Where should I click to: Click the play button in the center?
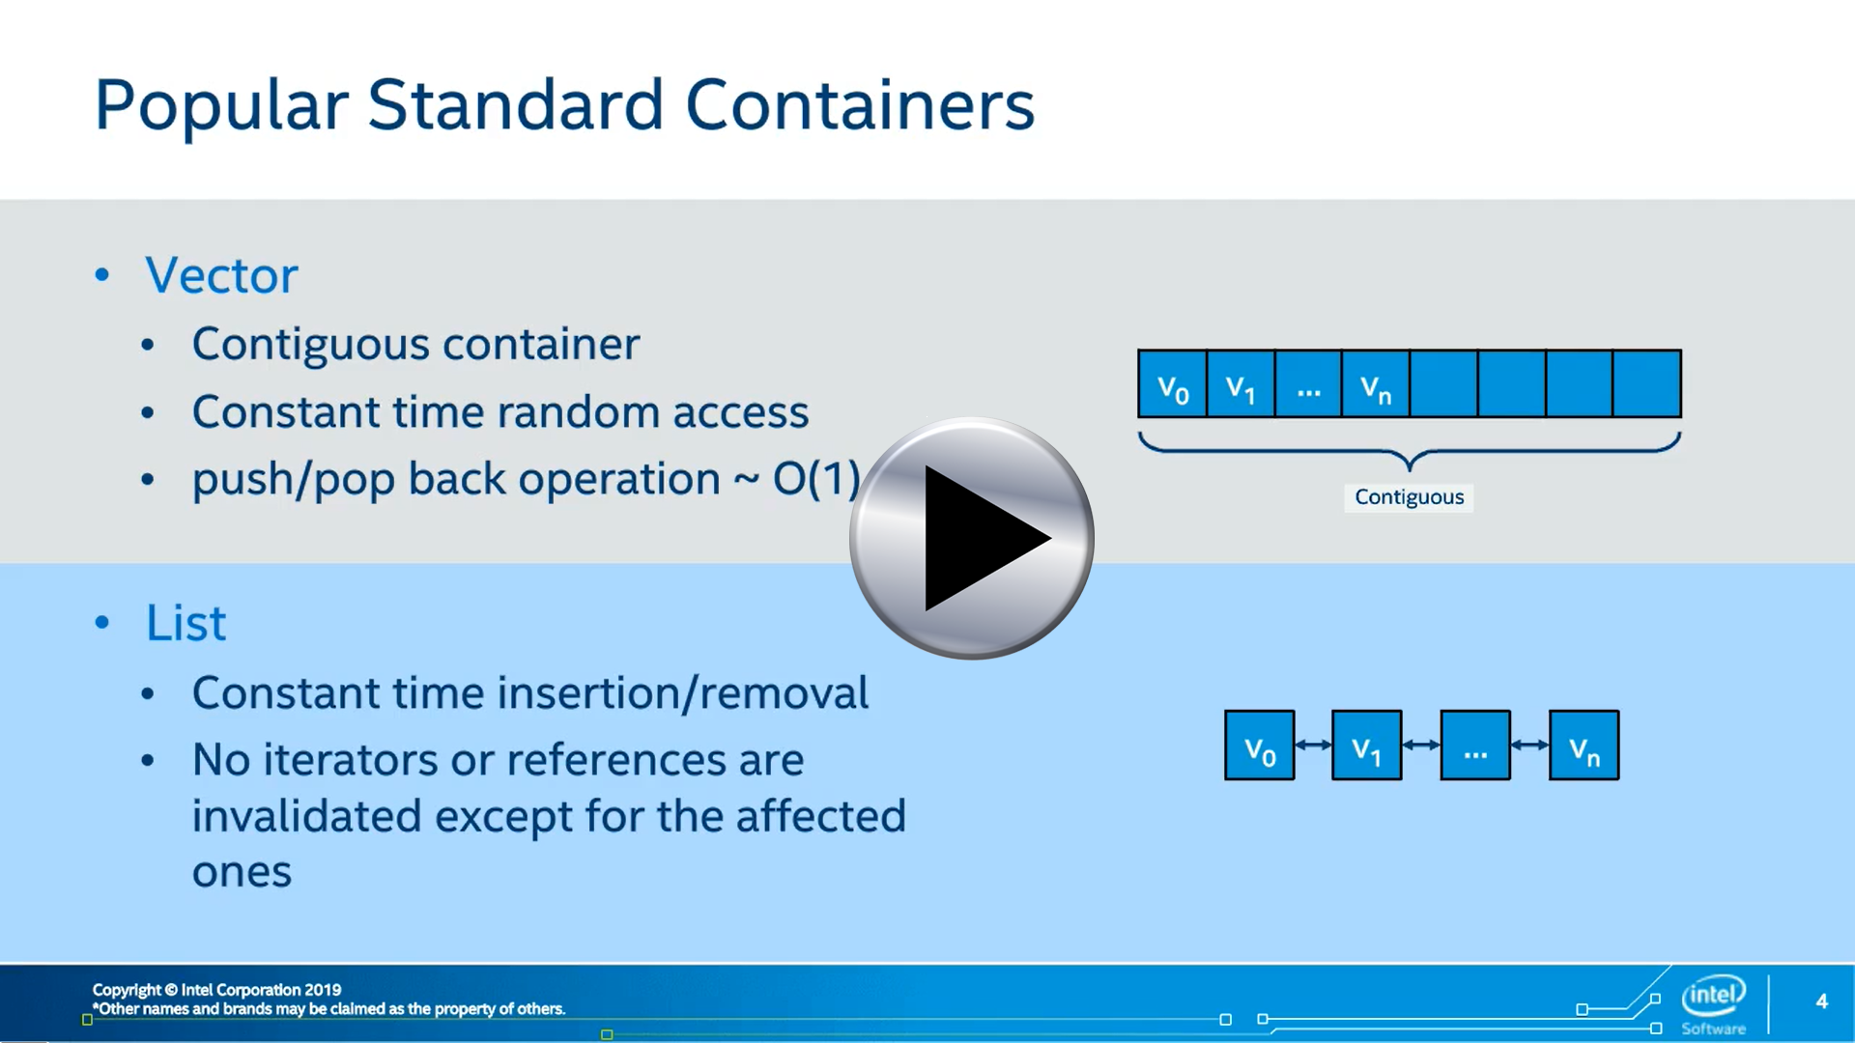pos(972,538)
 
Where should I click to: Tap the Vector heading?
pos(221,275)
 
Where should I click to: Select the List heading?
pos(185,623)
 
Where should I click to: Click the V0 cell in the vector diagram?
pos(1173,384)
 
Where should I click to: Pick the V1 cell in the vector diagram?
pos(1241,384)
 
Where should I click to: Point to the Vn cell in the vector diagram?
pos(1376,384)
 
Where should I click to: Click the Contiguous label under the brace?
pos(1409,497)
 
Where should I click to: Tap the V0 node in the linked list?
pos(1260,746)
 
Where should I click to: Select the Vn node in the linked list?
pos(1584,746)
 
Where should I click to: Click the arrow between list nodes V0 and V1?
pos(1313,745)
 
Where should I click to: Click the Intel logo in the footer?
pos(1714,1004)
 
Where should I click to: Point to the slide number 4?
pos(1821,1001)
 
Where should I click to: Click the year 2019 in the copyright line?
pos(323,990)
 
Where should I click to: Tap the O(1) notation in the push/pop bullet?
pos(816,479)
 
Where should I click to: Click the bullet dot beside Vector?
pos(102,275)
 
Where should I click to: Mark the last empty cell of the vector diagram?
pos(1647,384)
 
